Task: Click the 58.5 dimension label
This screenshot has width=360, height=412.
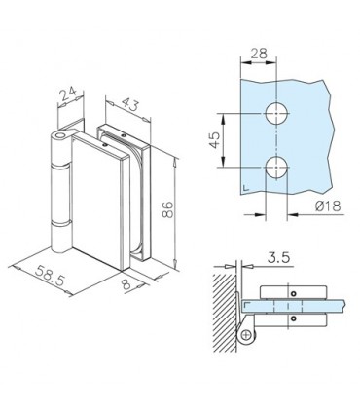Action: click(50, 276)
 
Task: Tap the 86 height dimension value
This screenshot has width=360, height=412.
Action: click(168, 209)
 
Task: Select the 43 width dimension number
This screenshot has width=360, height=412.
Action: click(129, 104)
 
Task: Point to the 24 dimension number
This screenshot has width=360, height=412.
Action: click(68, 94)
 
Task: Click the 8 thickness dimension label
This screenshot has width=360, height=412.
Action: click(126, 284)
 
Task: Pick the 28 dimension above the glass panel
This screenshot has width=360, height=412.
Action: click(259, 54)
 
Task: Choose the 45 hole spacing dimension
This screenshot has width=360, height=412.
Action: click(215, 140)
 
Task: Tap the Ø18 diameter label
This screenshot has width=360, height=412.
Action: click(328, 206)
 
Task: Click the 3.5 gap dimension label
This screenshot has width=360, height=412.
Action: click(278, 258)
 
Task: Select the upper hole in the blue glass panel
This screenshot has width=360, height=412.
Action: click(276, 114)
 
